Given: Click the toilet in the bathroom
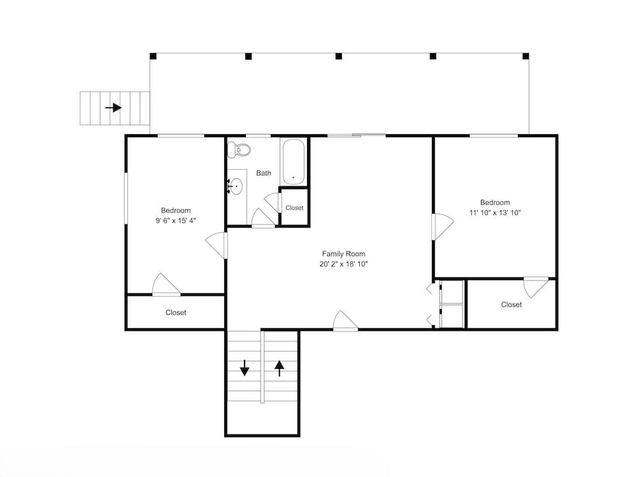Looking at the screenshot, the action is point(239,150).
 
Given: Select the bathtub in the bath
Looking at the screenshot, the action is point(293,162).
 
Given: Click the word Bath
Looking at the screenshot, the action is point(264,173).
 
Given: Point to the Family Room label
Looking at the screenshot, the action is point(344,254).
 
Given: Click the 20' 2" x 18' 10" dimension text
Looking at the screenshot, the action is point(344,264).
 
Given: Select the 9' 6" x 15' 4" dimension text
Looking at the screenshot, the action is point(176,221).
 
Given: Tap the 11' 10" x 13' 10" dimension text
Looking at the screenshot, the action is point(495,212).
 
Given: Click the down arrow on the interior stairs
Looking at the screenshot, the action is point(244,368).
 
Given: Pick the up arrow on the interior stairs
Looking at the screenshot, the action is point(279,368).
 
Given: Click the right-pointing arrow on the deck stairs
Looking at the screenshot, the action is point(113,108).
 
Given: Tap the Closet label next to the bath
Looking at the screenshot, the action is point(294,208).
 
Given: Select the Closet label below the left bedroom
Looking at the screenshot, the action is point(176,312).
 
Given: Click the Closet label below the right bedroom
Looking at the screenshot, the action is point(512,304).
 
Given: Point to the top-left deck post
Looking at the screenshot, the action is point(153,56).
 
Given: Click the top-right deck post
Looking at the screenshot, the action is point(526,56).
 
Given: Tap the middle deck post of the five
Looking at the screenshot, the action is point(339,56).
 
